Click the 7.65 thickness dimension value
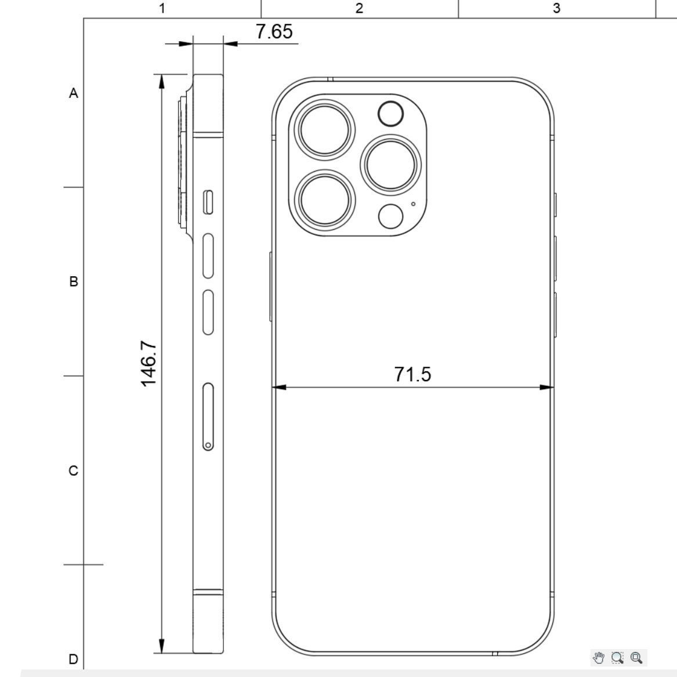(274, 32)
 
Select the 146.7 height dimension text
(149, 363)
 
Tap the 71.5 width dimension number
(412, 375)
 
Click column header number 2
(359, 8)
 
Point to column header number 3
(556, 8)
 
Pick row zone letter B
(74, 281)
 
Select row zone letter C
(74, 470)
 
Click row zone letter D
(74, 659)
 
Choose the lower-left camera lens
(324, 198)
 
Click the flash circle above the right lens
(390, 114)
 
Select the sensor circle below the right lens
(390, 216)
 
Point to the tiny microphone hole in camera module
(413, 204)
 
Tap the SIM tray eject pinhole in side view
(208, 445)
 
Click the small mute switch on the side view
(208, 202)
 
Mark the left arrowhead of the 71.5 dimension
(279, 387)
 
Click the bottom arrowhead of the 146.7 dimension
(162, 646)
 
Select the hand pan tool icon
(599, 657)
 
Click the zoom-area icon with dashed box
(617, 657)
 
